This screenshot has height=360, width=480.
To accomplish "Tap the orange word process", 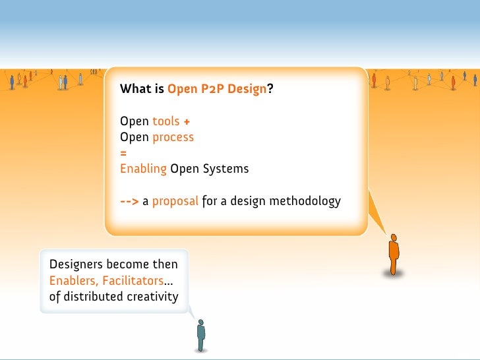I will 173,137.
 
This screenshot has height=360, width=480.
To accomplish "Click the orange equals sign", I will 123,153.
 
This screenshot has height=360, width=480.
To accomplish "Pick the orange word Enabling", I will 143,169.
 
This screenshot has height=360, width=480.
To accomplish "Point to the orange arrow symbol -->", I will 129,201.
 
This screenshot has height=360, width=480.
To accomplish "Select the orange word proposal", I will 175,201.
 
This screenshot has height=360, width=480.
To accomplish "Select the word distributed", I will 92,296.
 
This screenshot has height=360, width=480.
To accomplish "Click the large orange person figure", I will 394,254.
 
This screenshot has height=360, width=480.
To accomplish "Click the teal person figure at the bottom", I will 201,335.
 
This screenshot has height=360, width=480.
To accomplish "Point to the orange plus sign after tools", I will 187,121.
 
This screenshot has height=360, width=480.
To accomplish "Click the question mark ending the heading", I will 270,89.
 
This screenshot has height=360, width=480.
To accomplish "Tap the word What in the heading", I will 134,89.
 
